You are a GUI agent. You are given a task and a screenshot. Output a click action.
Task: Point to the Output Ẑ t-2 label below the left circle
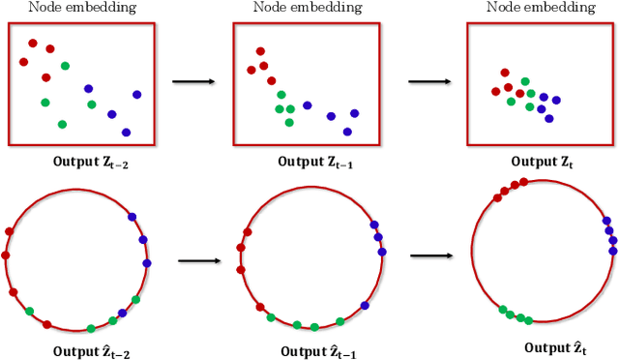[92, 352]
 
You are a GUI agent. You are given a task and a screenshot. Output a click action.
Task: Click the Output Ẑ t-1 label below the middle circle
[317, 352]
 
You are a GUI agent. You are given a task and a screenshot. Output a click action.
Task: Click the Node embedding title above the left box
[82, 8]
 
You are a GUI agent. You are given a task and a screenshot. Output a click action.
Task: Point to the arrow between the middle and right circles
[431, 256]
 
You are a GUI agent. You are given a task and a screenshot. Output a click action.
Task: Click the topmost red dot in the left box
[33, 43]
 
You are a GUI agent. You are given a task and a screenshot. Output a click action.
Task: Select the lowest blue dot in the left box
[126, 132]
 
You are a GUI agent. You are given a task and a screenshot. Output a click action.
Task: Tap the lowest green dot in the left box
[62, 124]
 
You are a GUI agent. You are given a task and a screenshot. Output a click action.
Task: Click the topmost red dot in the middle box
[259, 51]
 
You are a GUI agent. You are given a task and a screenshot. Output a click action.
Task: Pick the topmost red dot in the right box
[504, 72]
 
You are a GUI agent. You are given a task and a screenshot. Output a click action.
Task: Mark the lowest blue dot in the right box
[549, 118]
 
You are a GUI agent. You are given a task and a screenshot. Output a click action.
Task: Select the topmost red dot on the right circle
[523, 181]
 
